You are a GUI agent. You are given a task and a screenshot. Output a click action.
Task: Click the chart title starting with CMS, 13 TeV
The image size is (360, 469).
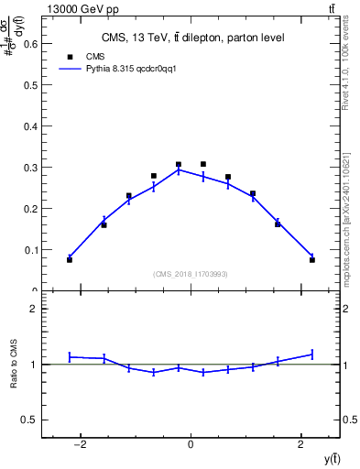tap(191, 38)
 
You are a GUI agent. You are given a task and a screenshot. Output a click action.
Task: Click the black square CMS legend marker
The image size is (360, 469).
tap(70, 56)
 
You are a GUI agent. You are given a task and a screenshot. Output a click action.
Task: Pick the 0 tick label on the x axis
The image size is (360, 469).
tap(191, 444)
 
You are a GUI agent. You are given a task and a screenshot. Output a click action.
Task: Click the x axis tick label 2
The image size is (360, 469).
tap(301, 444)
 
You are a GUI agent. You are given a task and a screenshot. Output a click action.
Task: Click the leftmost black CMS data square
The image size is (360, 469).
tap(70, 260)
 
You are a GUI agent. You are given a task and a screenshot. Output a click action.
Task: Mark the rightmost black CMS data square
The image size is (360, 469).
tap(311, 260)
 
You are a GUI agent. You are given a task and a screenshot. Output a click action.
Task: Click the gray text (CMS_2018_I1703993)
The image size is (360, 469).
tap(191, 274)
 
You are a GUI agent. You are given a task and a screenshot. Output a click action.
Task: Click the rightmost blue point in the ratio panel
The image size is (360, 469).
tap(311, 354)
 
